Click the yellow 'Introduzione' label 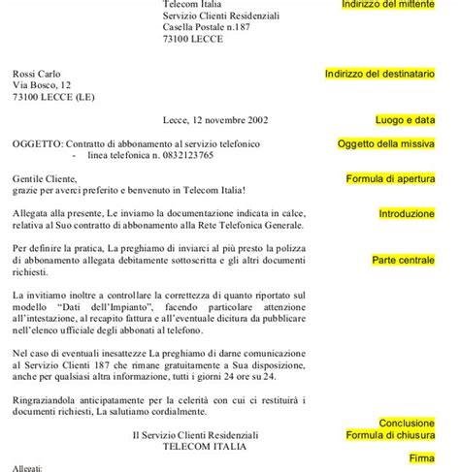click(407, 212)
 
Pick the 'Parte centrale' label click(404, 260)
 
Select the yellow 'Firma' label click(421, 456)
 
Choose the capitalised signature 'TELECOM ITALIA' click(204, 448)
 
